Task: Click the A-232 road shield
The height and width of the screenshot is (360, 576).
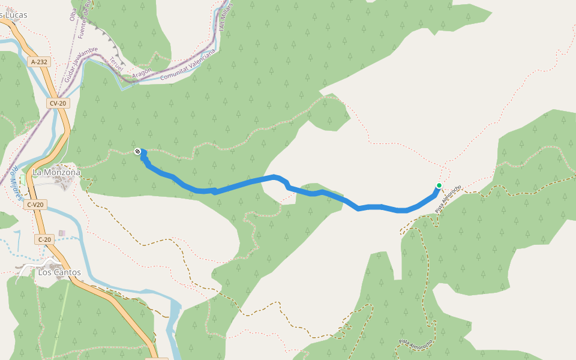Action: (x=39, y=61)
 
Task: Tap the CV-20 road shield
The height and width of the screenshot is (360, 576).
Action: (x=58, y=103)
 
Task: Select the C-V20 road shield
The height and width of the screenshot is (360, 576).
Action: (x=35, y=205)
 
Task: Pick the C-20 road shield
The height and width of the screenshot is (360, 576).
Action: (x=44, y=239)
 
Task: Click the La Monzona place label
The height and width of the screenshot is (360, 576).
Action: (x=56, y=172)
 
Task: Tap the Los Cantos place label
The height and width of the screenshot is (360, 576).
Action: (x=59, y=272)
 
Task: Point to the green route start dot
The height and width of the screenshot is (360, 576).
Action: (x=439, y=185)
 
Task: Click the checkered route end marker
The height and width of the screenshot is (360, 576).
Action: (x=139, y=152)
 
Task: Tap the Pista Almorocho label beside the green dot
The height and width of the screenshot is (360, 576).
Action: (x=448, y=199)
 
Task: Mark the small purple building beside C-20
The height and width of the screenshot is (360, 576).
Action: (x=62, y=233)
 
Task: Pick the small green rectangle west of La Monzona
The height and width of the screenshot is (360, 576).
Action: (x=23, y=179)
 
